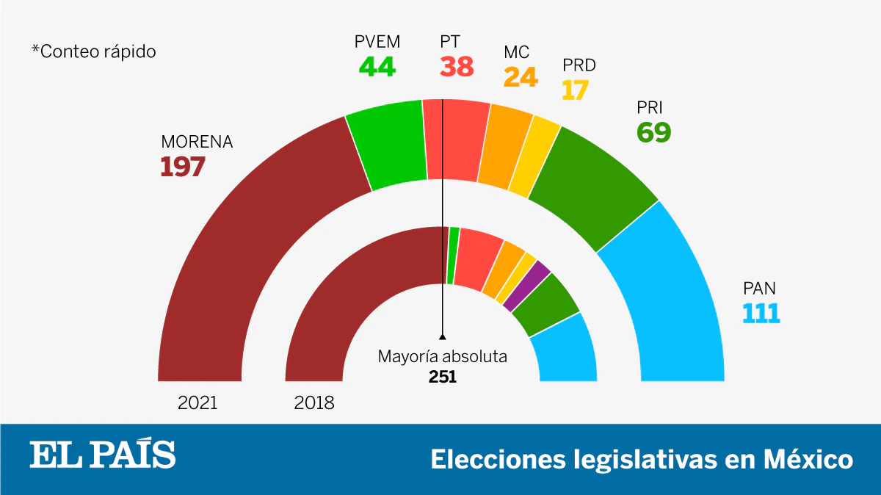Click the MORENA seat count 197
tap(183, 167)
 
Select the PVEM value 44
tap(377, 68)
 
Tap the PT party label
tap(450, 42)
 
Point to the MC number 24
tap(521, 76)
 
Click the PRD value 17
tap(576, 90)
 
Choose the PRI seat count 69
tap(653, 133)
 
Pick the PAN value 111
tap(761, 313)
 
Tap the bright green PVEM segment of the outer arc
tap(387, 147)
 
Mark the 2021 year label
tap(197, 402)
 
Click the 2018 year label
tap(314, 402)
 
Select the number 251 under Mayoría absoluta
tap(443, 376)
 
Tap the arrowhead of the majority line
tap(443, 336)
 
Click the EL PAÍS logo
tap(103, 455)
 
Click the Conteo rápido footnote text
tap(93, 52)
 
